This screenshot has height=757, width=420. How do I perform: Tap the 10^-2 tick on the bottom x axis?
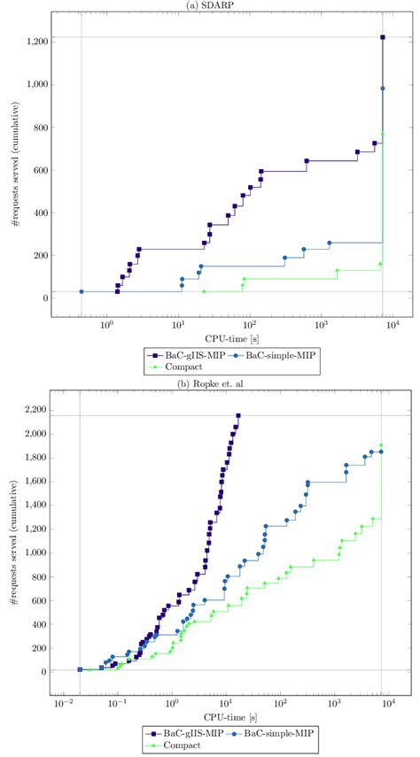(x=63, y=704)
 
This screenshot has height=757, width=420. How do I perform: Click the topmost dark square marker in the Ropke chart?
(x=238, y=415)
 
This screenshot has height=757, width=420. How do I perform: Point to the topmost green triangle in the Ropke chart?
(x=381, y=445)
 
